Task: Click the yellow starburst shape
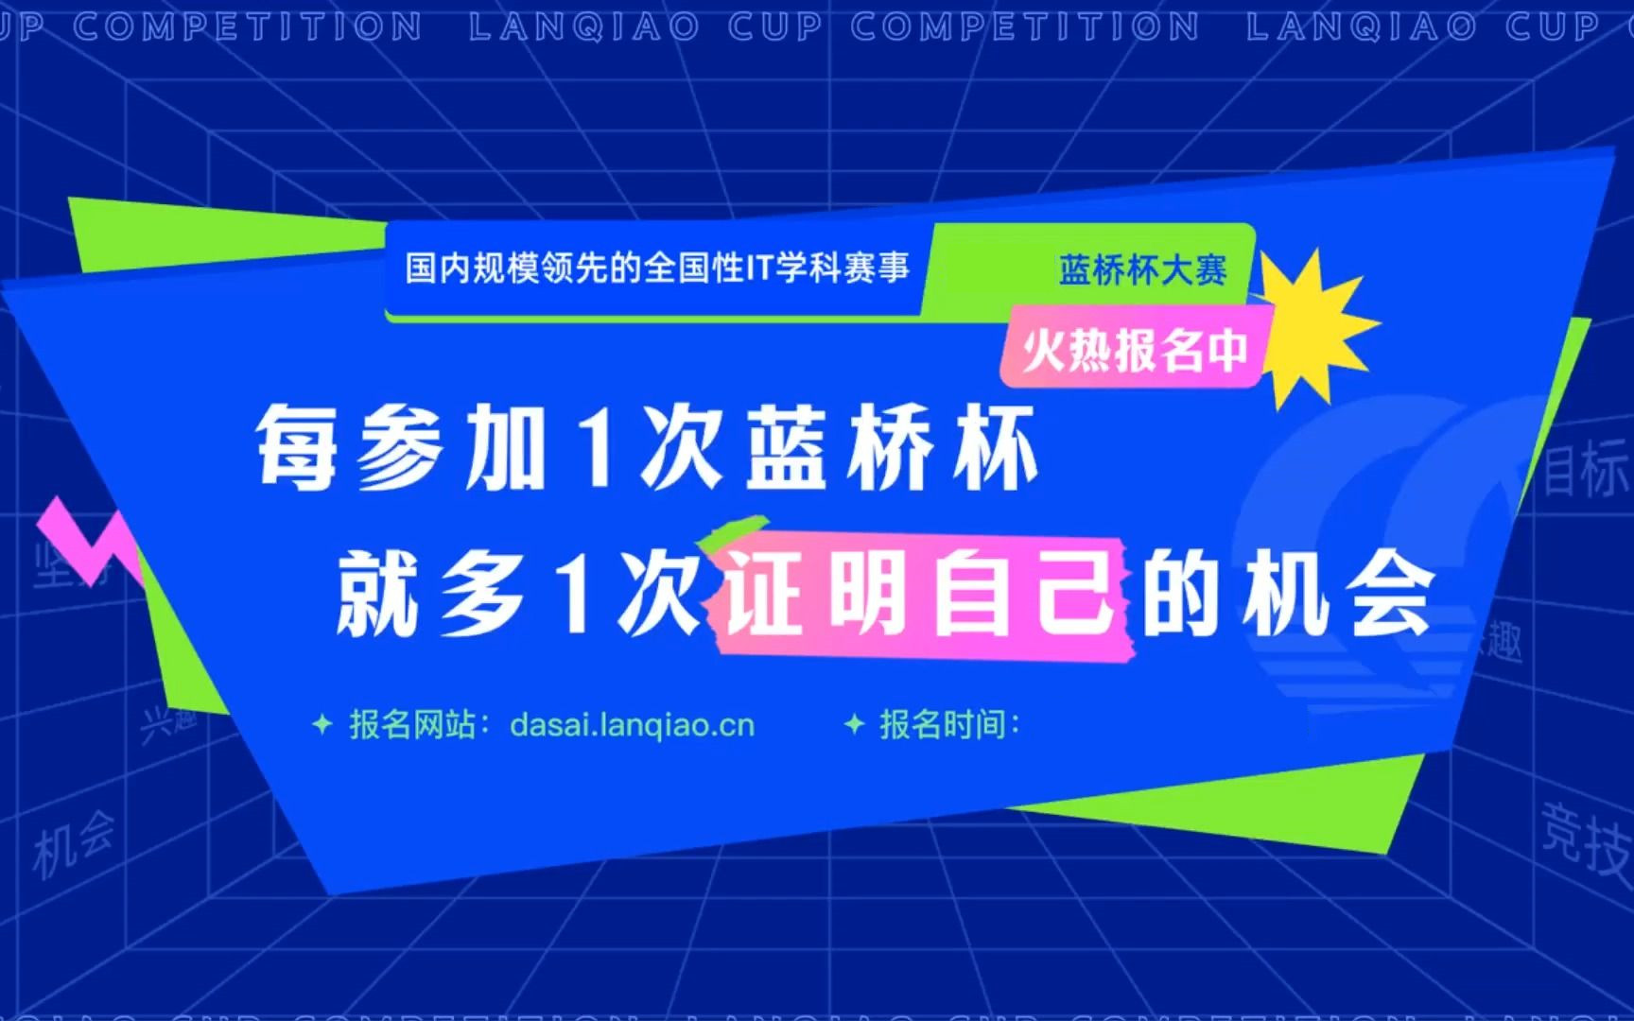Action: pyautogui.click(x=1314, y=325)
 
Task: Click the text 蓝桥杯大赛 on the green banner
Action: pyautogui.click(x=1142, y=270)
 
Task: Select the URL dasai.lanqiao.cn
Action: pyautogui.click(x=632, y=725)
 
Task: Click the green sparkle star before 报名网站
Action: pyautogui.click(x=322, y=725)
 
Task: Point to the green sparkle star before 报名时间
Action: pyautogui.click(x=854, y=725)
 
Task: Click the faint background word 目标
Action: pyautogui.click(x=1583, y=470)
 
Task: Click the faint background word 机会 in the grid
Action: pyautogui.click(x=74, y=843)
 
